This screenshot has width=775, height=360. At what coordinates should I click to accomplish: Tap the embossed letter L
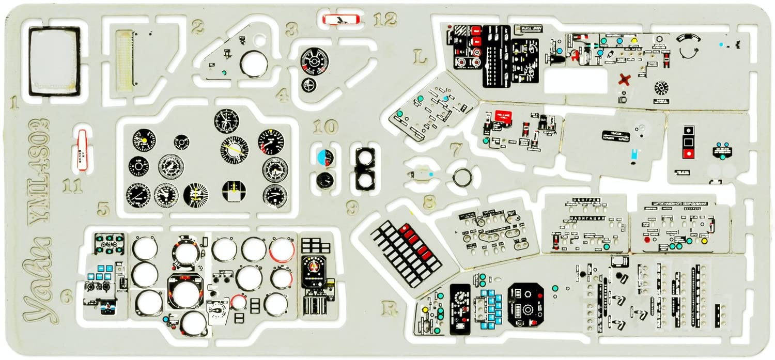pyautogui.click(x=421, y=57)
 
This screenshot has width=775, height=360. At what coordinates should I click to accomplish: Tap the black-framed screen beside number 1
pyautogui.click(x=54, y=61)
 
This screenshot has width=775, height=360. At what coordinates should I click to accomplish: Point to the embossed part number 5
pyautogui.click(x=104, y=209)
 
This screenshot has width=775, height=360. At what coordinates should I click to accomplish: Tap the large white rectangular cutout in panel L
pyautogui.click(x=575, y=81)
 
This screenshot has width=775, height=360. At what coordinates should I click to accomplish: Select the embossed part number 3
pyautogui.click(x=292, y=29)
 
